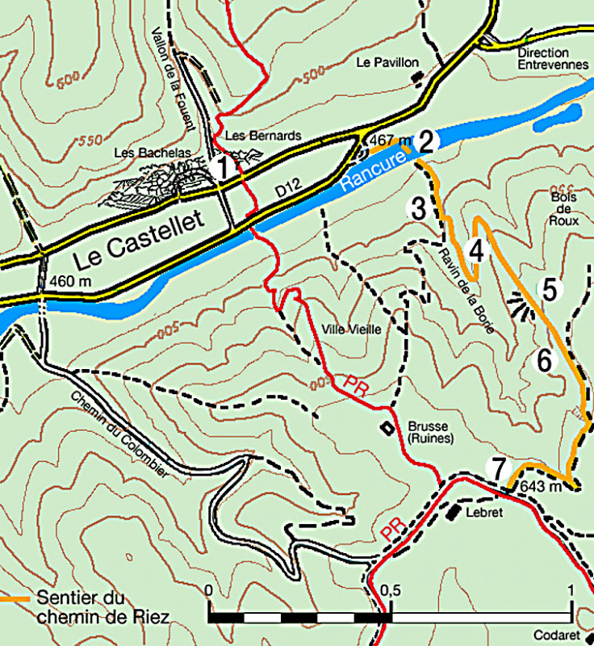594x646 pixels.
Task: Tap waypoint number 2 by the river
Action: pyautogui.click(x=428, y=141)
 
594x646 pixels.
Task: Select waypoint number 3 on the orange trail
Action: pyautogui.click(x=417, y=208)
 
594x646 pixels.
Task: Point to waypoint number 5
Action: pyautogui.click(x=550, y=289)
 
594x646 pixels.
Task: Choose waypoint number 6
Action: pyautogui.click(x=545, y=361)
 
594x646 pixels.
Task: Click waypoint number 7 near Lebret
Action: pyautogui.click(x=498, y=468)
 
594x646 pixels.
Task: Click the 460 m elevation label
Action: pyautogui.click(x=69, y=282)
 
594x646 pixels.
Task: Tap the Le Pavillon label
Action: pyautogui.click(x=387, y=62)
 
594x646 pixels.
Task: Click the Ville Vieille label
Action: pyautogui.click(x=350, y=329)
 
